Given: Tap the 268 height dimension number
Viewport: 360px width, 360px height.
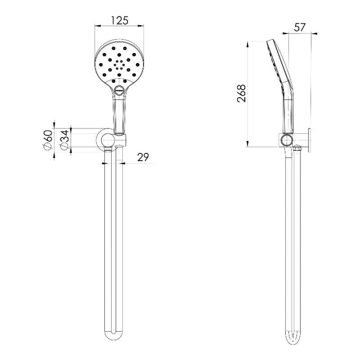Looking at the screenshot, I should [x=243, y=93].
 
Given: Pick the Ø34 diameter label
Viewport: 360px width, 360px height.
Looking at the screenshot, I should [x=64, y=140].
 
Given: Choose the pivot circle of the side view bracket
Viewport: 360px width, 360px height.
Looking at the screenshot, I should [x=287, y=140].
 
